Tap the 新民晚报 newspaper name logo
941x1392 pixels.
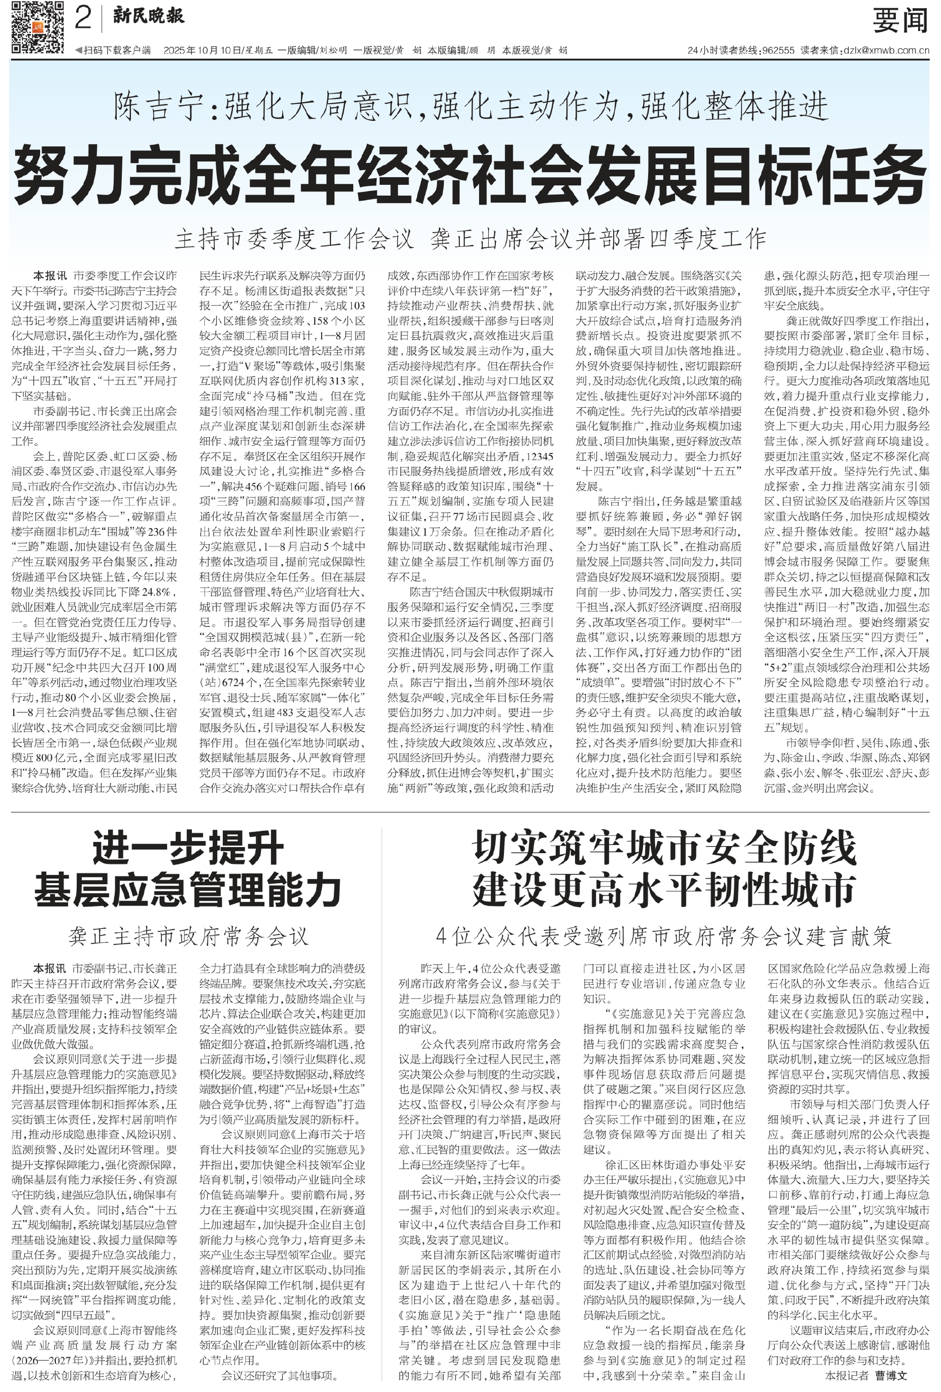tap(149, 17)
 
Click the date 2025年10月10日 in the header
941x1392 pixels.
tap(202, 51)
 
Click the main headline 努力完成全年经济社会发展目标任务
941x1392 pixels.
tap(470, 177)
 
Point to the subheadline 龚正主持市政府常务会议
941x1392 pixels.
tap(188, 936)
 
